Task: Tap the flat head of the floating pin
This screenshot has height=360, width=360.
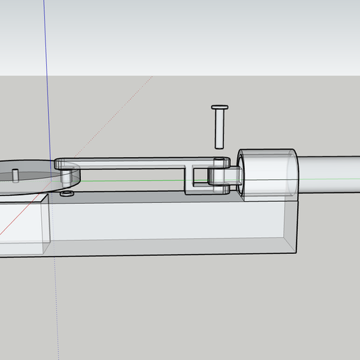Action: pos(219,107)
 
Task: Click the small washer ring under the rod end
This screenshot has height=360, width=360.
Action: pos(67,193)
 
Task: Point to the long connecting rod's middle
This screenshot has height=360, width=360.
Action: pos(133,163)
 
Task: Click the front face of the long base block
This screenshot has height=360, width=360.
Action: pos(167,227)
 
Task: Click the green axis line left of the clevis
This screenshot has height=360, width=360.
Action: pos(140,180)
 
